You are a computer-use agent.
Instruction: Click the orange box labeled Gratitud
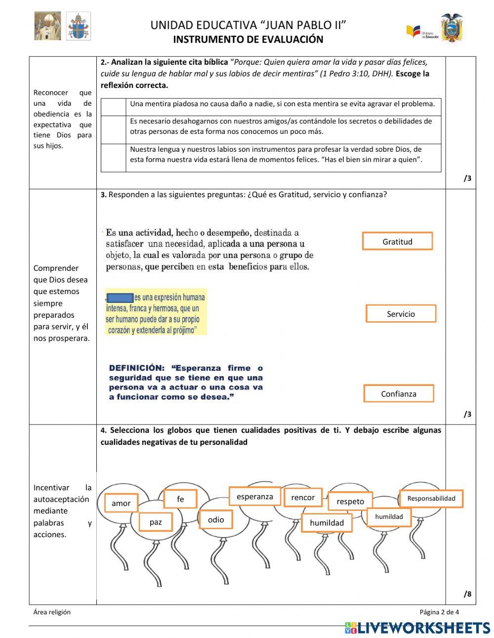pyautogui.click(x=397, y=241)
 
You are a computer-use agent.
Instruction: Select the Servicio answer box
pyautogui.click(x=401, y=314)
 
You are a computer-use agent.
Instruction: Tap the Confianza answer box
pyautogui.click(x=398, y=393)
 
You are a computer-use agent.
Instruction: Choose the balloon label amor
pyautogui.click(x=121, y=503)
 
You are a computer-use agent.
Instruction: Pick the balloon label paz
pyautogui.click(x=155, y=522)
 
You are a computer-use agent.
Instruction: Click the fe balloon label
pyautogui.click(x=180, y=499)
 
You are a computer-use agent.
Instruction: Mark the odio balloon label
pyautogui.click(x=216, y=519)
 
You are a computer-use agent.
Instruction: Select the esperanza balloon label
pyautogui.click(x=254, y=497)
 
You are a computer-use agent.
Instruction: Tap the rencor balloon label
pyautogui.click(x=303, y=497)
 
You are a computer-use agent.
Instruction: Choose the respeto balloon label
pyautogui.click(x=350, y=501)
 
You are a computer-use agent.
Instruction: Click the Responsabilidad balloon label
pyautogui.click(x=431, y=498)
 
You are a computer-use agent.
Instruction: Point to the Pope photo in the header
pyautogui.click(x=47, y=26)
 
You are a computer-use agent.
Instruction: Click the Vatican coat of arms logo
pyautogui.click(x=79, y=26)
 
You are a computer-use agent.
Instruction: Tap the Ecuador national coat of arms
pyautogui.click(x=452, y=28)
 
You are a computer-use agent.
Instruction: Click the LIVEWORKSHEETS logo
pyautogui.click(x=417, y=628)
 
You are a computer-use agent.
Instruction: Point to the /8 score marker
pyautogui.click(x=467, y=594)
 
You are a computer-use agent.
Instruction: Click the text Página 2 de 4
pyautogui.click(x=439, y=612)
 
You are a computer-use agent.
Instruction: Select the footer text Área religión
pyautogui.click(x=52, y=612)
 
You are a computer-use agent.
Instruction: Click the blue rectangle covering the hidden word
pyautogui.click(x=120, y=298)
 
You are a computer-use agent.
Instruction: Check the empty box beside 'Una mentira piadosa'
pyautogui.click(x=114, y=107)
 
